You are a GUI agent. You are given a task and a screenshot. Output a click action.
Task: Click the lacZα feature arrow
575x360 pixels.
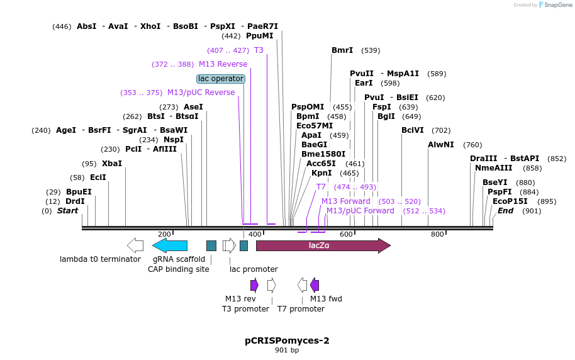point(323,245)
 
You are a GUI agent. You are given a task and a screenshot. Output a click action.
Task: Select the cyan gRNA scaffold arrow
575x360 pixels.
point(170,245)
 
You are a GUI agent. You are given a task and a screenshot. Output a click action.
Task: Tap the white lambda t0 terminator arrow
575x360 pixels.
point(135,245)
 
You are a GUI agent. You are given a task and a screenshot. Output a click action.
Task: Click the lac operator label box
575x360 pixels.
point(221,79)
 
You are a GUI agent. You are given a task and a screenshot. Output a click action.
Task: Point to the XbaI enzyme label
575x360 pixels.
point(112,164)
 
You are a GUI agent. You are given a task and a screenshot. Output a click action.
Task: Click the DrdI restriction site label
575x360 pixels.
point(75,201)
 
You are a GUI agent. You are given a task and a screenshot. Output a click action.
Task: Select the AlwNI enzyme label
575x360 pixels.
point(441,145)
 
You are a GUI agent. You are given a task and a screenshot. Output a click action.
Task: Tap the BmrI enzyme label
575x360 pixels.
point(342,50)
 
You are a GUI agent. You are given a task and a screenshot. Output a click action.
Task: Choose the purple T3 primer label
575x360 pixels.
point(259,50)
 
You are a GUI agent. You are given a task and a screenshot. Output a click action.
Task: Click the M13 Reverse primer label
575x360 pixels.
point(223,64)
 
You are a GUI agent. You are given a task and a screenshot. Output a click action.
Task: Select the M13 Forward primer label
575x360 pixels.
point(346,201)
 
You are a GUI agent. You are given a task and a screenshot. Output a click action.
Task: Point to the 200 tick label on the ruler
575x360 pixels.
point(165,234)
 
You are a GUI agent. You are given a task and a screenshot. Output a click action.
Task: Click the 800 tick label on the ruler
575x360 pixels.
point(437,234)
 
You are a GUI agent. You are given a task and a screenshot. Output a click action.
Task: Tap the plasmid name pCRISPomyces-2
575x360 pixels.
point(287,340)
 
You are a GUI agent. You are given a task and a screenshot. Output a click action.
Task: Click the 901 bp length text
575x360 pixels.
point(287,350)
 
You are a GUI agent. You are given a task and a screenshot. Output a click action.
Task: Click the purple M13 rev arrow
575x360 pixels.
point(254,285)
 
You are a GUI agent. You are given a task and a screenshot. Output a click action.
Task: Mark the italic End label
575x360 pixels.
point(505,211)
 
